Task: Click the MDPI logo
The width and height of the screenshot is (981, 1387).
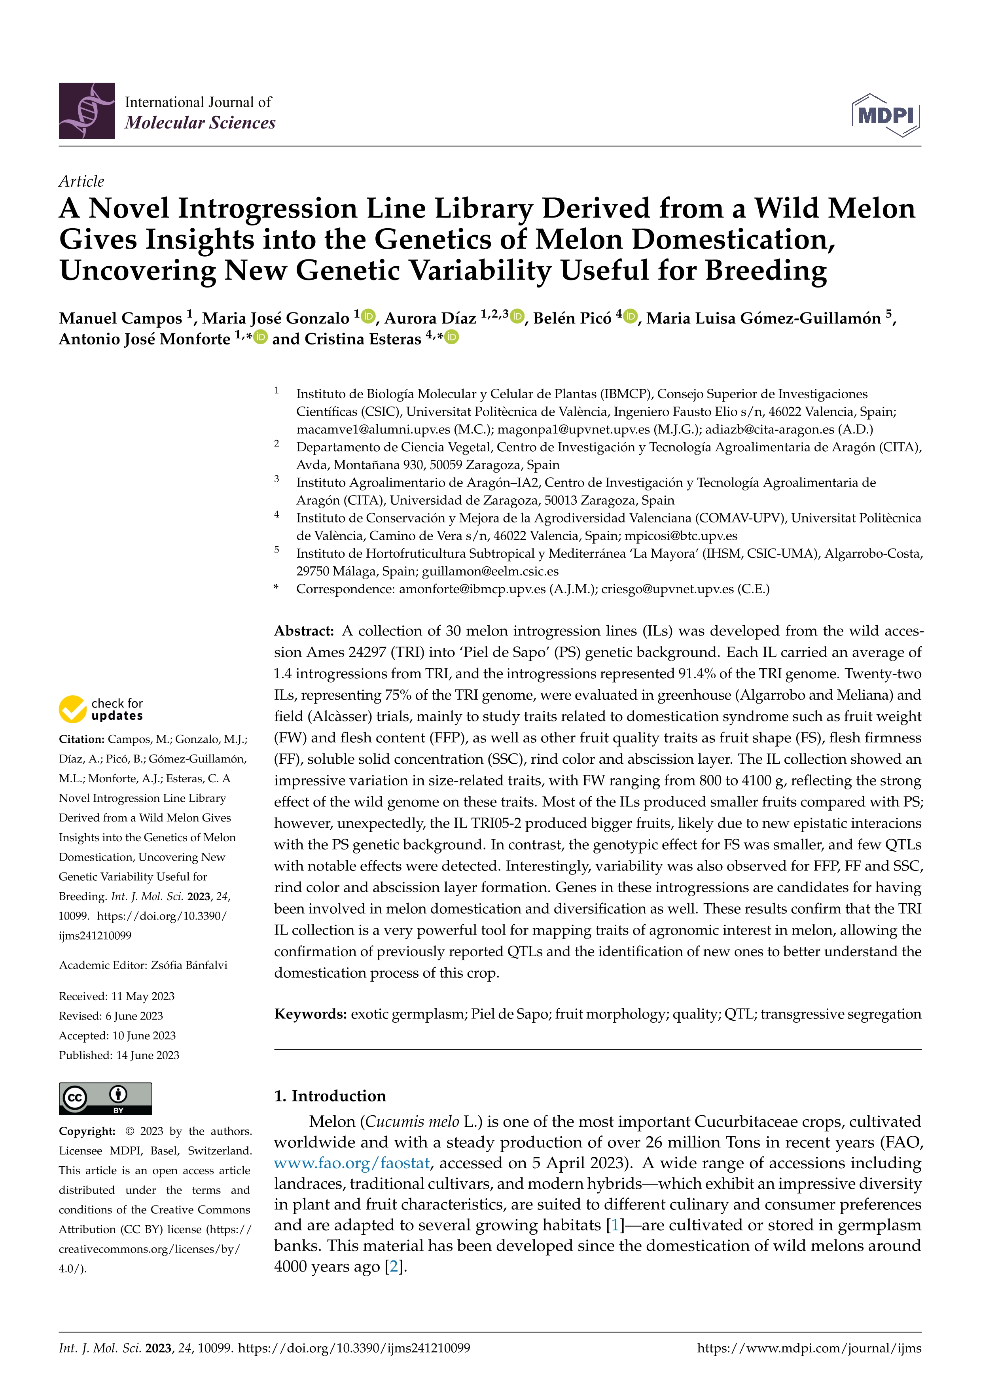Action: point(886,115)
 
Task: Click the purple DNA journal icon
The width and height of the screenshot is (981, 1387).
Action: point(86,111)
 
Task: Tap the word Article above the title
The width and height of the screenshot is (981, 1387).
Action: point(81,181)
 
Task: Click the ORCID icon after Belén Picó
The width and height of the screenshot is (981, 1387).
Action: point(631,316)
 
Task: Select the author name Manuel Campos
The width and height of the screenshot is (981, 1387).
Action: point(120,318)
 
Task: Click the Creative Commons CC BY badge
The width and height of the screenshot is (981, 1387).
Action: point(105,1098)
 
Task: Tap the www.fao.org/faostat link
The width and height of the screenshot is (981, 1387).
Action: point(352,1163)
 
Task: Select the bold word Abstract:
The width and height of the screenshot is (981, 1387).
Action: point(304,631)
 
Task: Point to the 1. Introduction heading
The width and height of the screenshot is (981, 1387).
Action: point(330,1096)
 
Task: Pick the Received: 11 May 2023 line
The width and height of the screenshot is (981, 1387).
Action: point(117,996)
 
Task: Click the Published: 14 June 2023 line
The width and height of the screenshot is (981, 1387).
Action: point(119,1055)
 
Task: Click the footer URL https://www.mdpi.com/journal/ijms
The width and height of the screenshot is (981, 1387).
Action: point(809,1348)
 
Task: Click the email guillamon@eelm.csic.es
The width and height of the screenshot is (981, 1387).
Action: point(490,571)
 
